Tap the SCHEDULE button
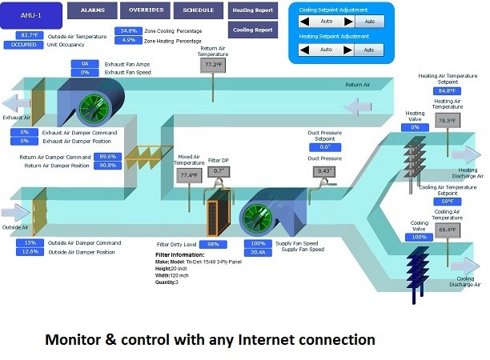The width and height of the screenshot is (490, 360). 198,11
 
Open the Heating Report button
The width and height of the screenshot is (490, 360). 252,11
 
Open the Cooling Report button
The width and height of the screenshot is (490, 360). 252,30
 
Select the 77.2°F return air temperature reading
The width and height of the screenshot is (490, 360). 213,65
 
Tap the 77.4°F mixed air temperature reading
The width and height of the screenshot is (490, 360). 188,174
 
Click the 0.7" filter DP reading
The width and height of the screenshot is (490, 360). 217,170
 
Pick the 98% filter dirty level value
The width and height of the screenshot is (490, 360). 213,244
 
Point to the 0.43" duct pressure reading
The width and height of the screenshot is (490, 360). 325,171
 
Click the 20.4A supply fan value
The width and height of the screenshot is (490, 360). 259,251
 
